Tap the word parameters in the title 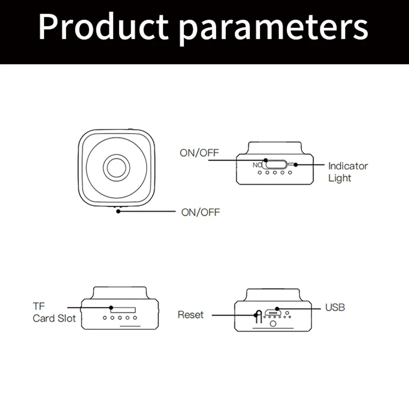pyautogui.click(x=274, y=29)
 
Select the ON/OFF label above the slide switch pyautogui.click(x=200, y=153)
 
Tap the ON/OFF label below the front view pyautogui.click(x=200, y=212)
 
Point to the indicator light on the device pyautogui.click(x=291, y=164)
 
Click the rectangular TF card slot pyautogui.click(x=121, y=308)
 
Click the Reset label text pyautogui.click(x=191, y=315)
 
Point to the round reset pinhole pyautogui.click(x=258, y=315)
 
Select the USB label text pyautogui.click(x=335, y=307)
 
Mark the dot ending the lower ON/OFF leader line pyautogui.click(x=118, y=211)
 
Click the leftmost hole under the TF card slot pyautogui.click(x=105, y=317)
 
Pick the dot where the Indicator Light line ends pyautogui.click(x=297, y=165)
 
